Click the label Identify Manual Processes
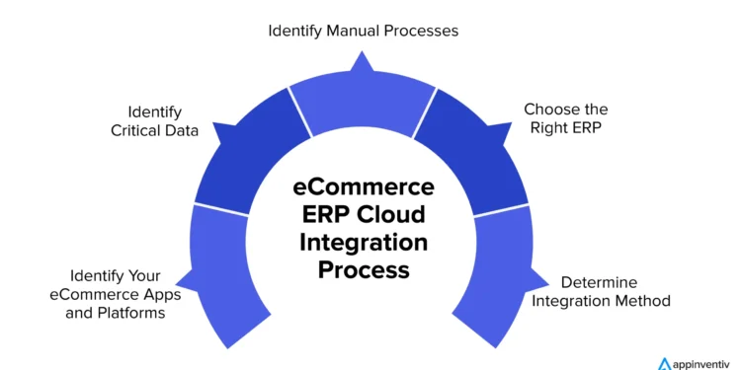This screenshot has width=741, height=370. point(364,31)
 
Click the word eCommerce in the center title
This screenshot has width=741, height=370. point(366,187)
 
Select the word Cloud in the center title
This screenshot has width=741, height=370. point(402,215)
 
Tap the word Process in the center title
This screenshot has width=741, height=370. point(366,268)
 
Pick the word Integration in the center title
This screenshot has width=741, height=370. point(366,242)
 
